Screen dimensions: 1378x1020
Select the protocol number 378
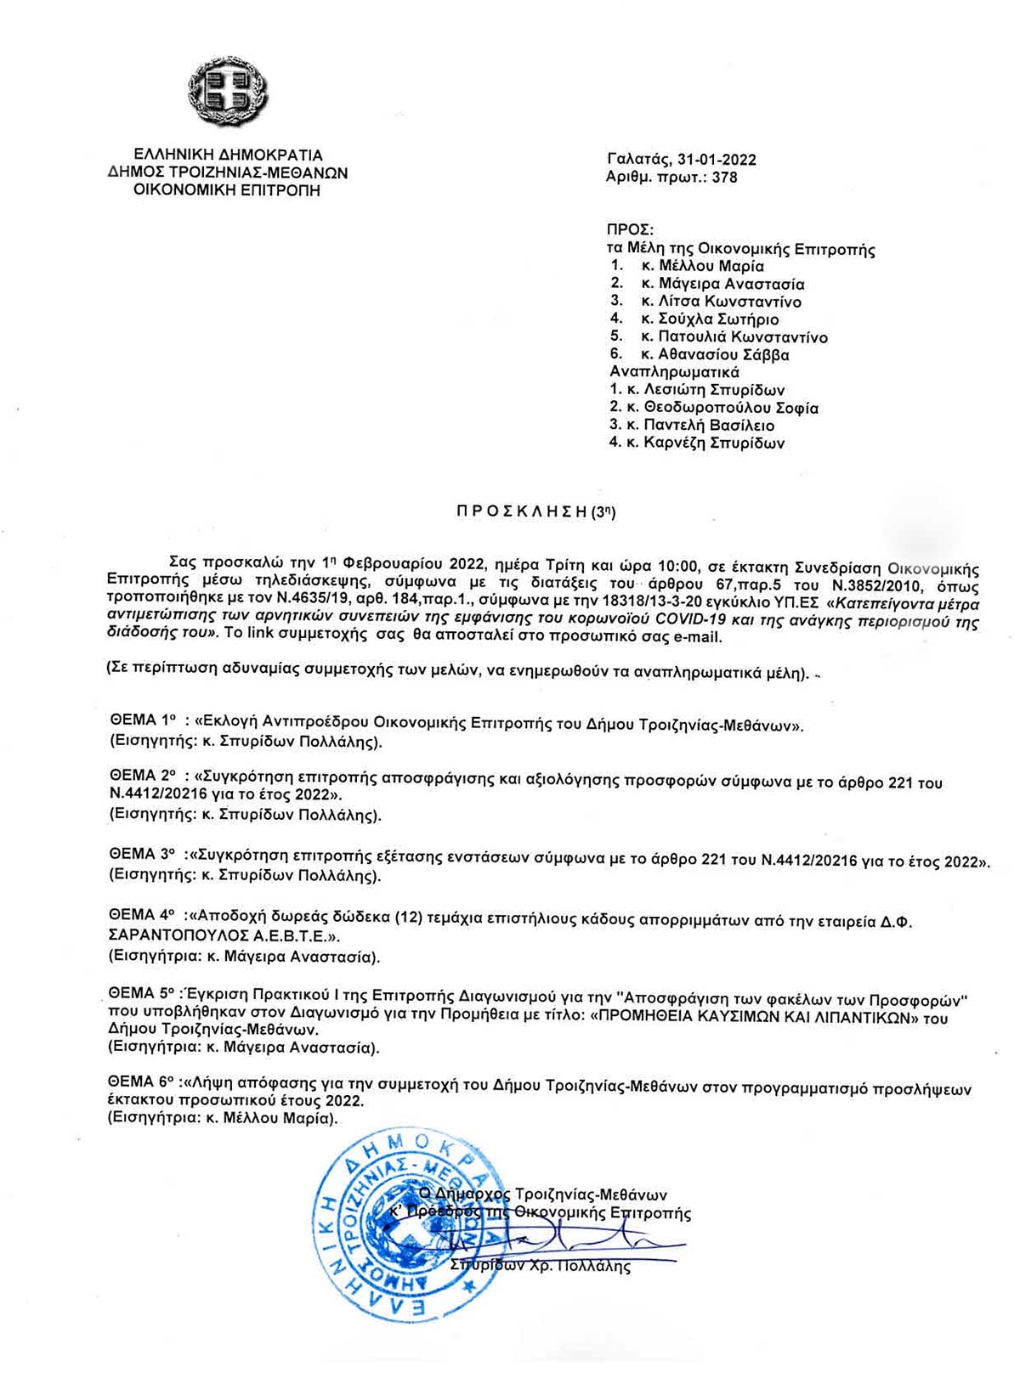pyautogui.click(x=725, y=178)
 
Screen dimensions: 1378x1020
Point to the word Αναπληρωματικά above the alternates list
pyautogui.click(x=674, y=372)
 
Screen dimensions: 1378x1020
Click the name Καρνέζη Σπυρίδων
pyautogui.click(x=713, y=443)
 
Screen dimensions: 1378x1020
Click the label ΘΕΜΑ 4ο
pyautogui.click(x=143, y=917)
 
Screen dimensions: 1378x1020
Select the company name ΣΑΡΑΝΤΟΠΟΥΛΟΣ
pyautogui.click(x=175, y=936)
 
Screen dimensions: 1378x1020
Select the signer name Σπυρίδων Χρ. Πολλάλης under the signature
pyautogui.click(x=541, y=1267)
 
